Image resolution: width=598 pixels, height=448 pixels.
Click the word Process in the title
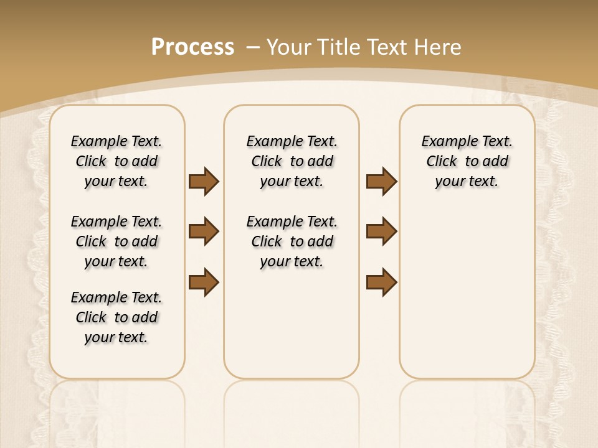click(x=192, y=47)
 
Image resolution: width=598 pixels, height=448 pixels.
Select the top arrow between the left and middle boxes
click(x=204, y=182)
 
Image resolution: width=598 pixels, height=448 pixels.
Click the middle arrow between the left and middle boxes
click(x=204, y=232)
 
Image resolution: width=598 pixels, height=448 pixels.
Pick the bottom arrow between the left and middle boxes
click(x=204, y=282)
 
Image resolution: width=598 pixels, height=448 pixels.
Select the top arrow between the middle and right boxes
click(x=381, y=182)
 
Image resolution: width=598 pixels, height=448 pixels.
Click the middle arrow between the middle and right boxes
click(x=381, y=232)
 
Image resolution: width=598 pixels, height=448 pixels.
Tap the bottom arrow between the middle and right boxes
click(x=381, y=282)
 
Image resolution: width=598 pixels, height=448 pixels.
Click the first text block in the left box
click(x=116, y=161)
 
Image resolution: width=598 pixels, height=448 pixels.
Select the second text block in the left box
click(x=116, y=241)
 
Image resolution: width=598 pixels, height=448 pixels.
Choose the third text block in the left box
click(x=116, y=317)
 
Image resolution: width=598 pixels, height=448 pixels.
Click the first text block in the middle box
click(x=292, y=161)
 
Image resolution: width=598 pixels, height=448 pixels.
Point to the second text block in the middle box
click(x=292, y=241)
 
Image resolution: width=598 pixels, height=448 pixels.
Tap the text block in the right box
click(x=467, y=161)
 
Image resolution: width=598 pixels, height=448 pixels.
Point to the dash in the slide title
click(x=254, y=47)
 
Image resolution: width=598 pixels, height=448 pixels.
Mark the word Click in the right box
click(x=442, y=162)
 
